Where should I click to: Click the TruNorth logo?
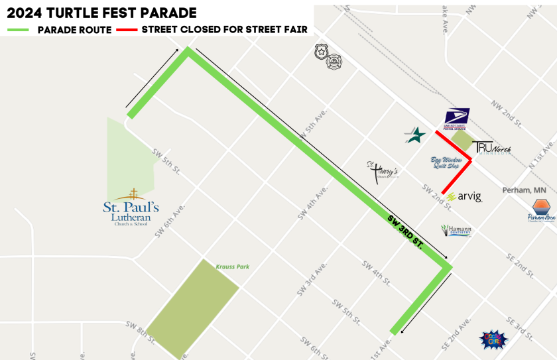491,149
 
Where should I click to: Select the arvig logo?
464,197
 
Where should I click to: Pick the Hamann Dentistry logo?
456,231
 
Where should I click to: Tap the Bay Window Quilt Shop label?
446,162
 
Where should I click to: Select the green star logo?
415,135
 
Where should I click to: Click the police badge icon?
322,51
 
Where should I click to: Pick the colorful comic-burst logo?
493,339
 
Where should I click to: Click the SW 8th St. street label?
141,333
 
